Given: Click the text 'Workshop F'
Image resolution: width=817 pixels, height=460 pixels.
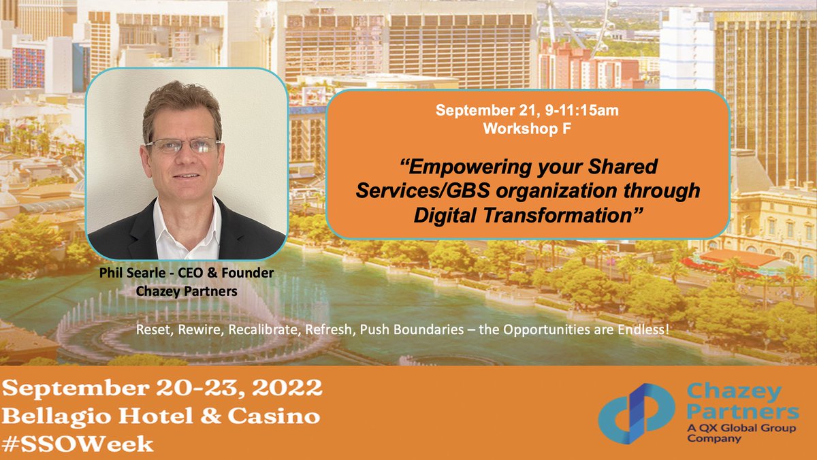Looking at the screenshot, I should (x=528, y=129).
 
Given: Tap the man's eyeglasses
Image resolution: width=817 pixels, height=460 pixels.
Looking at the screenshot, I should (x=182, y=145).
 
